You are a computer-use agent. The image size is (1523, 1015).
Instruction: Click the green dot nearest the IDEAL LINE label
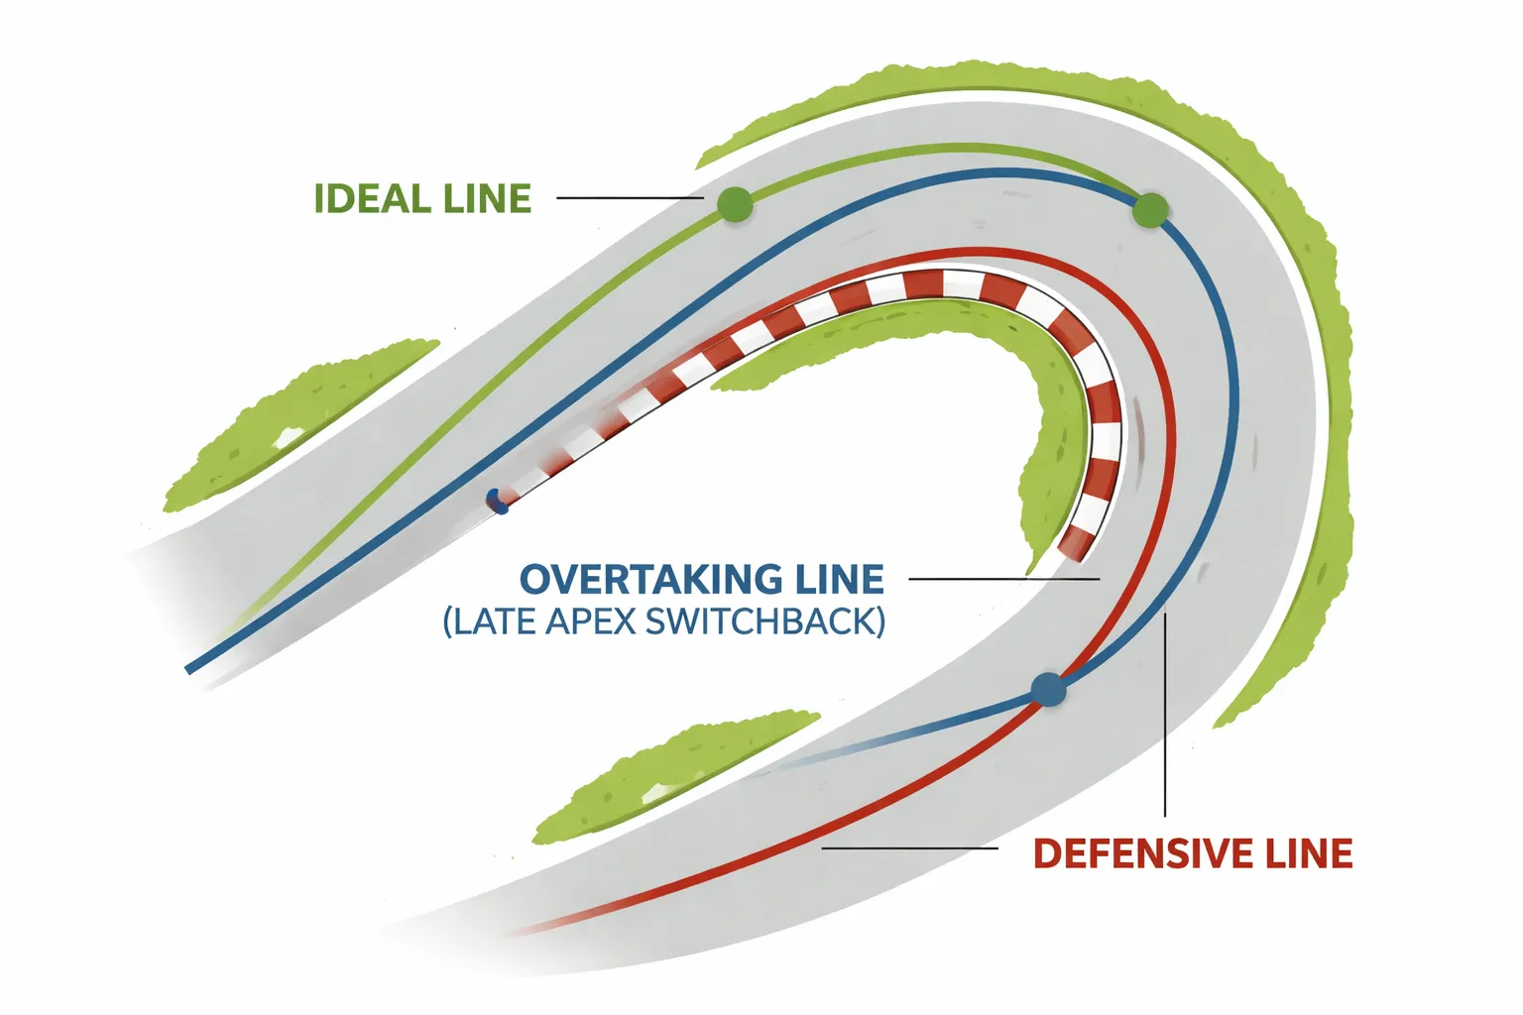pyautogui.click(x=734, y=205)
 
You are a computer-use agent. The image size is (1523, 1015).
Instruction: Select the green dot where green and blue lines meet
pyautogui.click(x=1150, y=210)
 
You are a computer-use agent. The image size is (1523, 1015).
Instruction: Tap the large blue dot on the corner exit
pyautogui.click(x=1048, y=688)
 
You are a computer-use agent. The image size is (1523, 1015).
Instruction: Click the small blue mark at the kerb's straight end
pyautogui.click(x=497, y=502)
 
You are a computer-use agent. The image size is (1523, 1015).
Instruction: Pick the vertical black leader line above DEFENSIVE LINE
pyautogui.click(x=1166, y=714)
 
